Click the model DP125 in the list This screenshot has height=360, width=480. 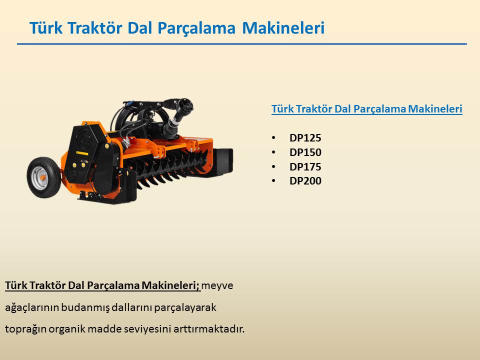305,138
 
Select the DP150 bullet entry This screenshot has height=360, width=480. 305,152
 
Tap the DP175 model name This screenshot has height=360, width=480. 305,167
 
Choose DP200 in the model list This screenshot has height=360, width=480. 305,181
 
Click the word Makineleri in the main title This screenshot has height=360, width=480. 283,28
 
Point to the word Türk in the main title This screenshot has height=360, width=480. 46,28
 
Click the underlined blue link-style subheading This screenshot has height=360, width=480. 366,109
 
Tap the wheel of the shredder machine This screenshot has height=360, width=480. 44,177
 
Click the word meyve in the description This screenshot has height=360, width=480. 217,285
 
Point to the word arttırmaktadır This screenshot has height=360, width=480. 209,329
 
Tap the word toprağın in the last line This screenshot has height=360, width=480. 25,329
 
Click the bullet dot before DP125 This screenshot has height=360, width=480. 273,138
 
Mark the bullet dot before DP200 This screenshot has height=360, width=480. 273,181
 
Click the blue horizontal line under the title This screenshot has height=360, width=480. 242,44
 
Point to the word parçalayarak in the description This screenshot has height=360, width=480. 185,307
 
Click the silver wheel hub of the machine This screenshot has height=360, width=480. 40,178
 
